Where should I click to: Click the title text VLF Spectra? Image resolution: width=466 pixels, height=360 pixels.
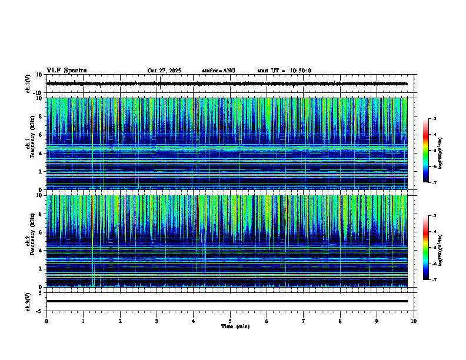(x=66, y=70)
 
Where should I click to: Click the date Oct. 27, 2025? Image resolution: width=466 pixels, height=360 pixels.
(x=164, y=71)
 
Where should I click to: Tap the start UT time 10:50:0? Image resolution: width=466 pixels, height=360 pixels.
(x=300, y=71)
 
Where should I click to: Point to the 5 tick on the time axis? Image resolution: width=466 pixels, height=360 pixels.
(x=230, y=321)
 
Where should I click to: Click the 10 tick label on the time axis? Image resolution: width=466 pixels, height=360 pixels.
(x=414, y=321)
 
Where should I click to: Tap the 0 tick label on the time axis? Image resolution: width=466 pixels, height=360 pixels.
(x=46, y=321)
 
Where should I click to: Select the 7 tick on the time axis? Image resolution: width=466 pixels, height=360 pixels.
(x=303, y=321)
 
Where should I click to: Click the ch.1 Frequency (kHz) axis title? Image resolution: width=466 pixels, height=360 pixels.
(x=29, y=144)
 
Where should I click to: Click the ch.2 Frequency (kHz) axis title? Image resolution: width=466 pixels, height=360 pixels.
(x=29, y=241)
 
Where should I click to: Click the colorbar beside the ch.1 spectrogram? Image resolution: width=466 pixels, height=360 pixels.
(x=429, y=150)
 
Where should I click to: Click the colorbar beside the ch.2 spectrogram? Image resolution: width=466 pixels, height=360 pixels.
(x=429, y=247)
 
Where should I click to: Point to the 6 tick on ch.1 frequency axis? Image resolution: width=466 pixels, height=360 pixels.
(x=39, y=135)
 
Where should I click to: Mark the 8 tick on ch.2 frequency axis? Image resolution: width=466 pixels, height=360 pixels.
(x=39, y=214)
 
